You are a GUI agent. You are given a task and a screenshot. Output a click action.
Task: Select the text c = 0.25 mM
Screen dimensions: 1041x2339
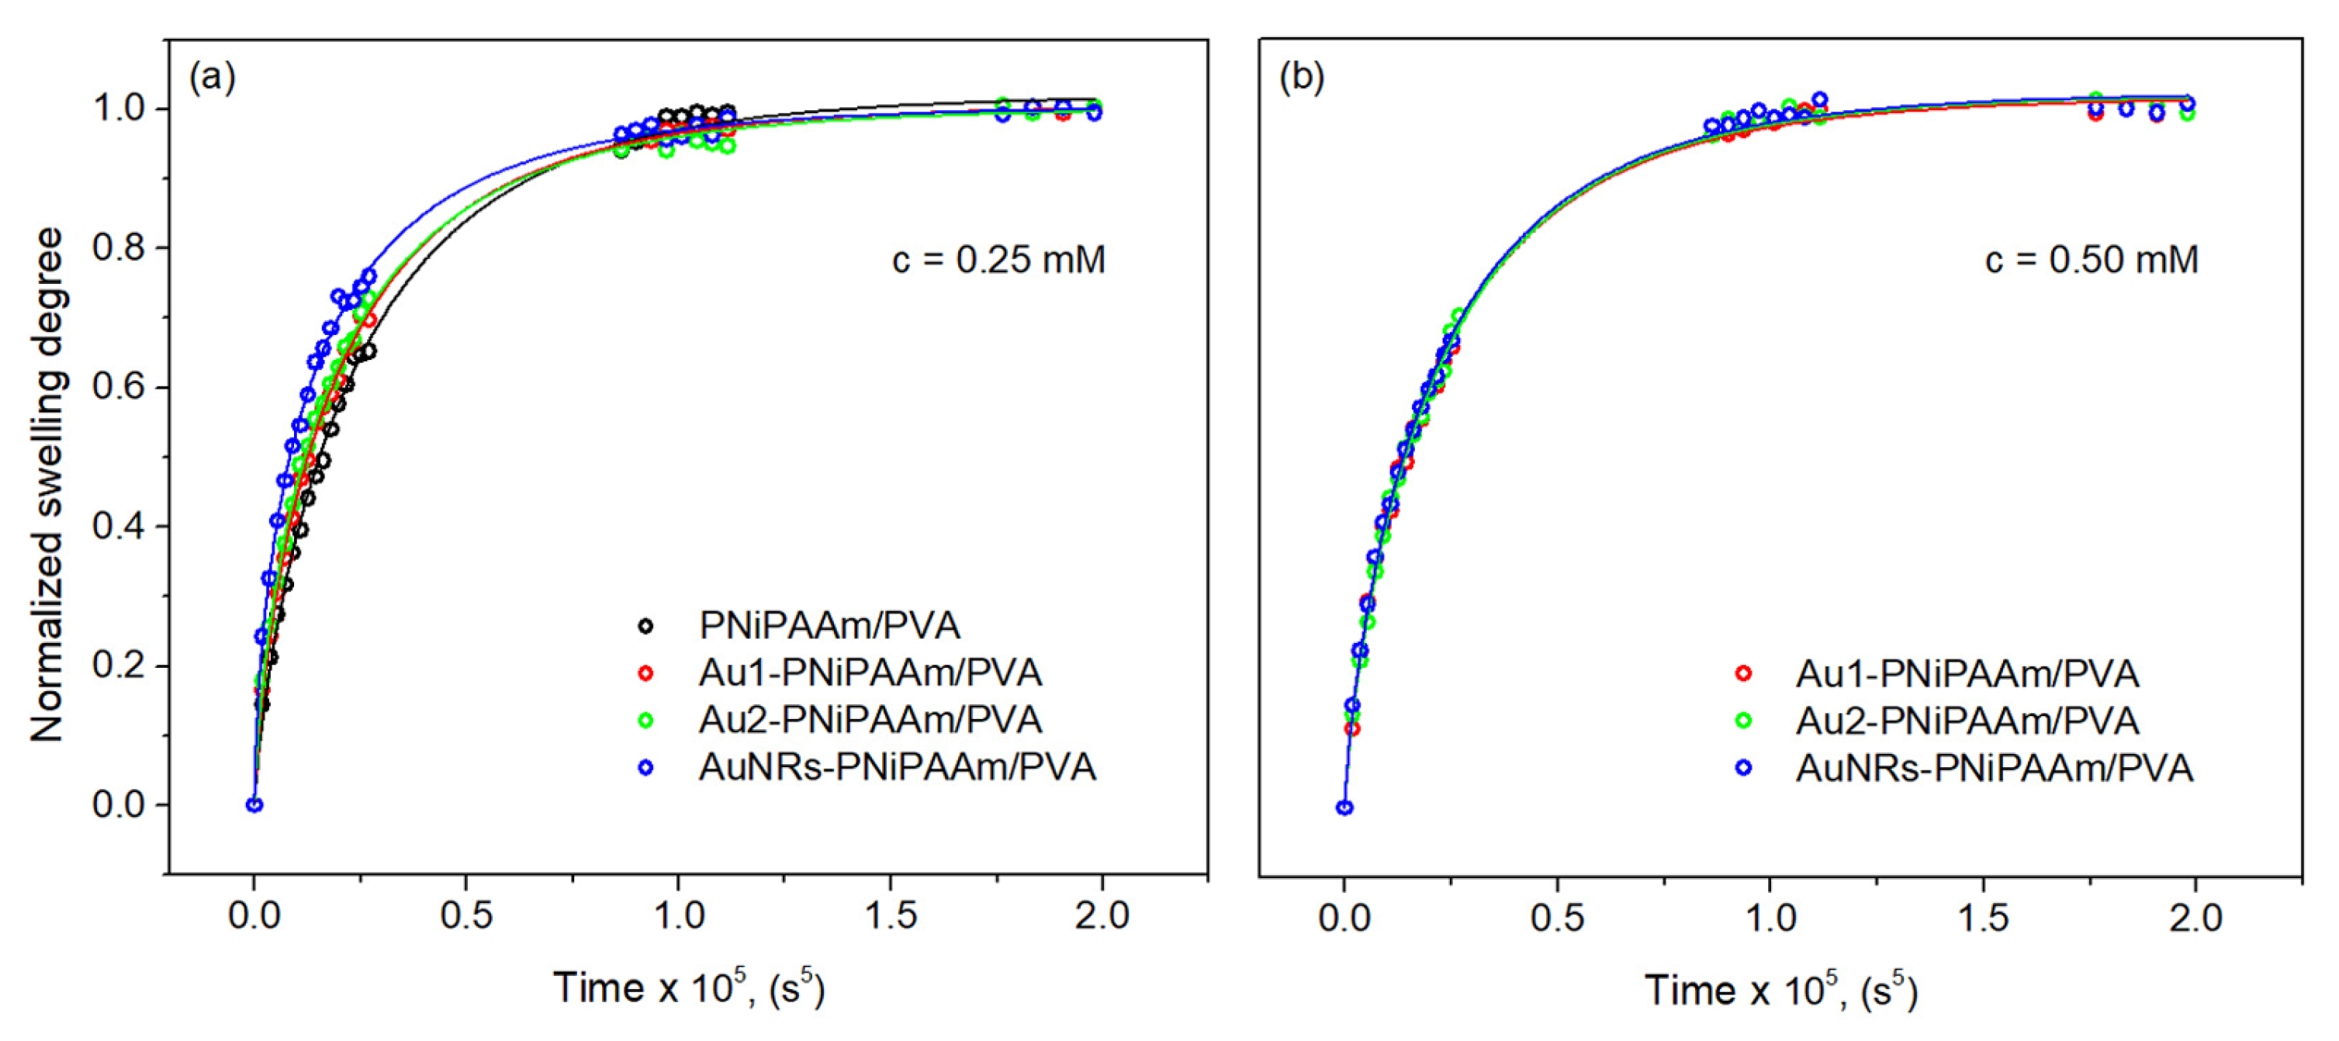[998, 261]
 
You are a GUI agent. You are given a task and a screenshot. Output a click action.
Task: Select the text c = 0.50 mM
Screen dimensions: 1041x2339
[2091, 261]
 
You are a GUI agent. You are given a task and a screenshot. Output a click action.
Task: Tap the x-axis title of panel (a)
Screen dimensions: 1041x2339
[688, 988]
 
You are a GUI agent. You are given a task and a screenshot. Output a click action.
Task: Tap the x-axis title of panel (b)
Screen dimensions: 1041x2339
[1780, 990]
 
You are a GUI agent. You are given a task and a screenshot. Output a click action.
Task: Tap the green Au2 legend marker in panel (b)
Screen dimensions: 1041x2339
[1743, 721]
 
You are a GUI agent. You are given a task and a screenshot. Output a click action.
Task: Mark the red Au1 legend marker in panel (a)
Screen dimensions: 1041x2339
[645, 673]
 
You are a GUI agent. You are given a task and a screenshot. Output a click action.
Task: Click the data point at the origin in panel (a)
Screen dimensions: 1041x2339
[254, 805]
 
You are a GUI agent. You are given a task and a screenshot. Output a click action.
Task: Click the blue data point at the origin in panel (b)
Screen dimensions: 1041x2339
[1344, 808]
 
